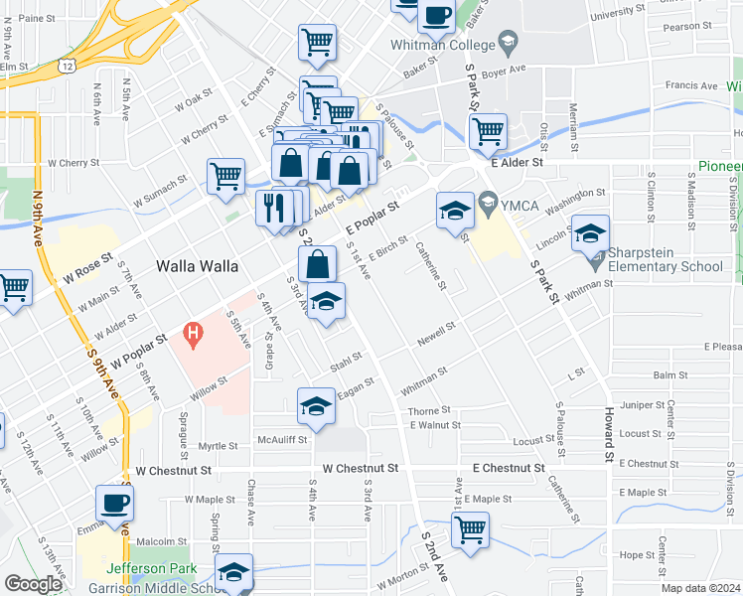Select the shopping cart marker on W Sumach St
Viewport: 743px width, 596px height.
coord(225,177)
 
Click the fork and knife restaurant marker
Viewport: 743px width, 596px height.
coord(273,209)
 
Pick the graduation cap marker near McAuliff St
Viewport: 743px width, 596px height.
coord(316,406)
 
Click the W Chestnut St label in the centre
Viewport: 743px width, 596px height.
coord(360,467)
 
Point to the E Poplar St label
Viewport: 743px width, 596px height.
coord(371,220)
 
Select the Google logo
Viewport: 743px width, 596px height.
coord(33,584)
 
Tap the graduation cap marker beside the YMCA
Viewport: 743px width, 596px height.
coord(455,211)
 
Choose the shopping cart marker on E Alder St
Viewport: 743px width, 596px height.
coord(488,131)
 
